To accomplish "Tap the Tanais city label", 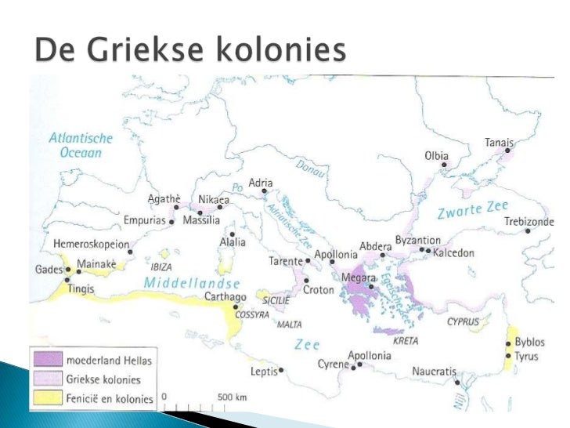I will coord(499,143).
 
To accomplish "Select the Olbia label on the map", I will coord(436,156).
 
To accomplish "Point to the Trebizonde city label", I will coord(529,220).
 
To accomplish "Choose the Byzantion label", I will coord(418,240).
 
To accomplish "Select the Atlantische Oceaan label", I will coord(81,146).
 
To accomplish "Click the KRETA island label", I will coord(405,342).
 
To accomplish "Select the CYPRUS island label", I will coord(463,321).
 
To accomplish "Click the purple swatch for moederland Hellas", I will coord(47,360).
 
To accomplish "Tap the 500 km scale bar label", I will coord(232,397).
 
